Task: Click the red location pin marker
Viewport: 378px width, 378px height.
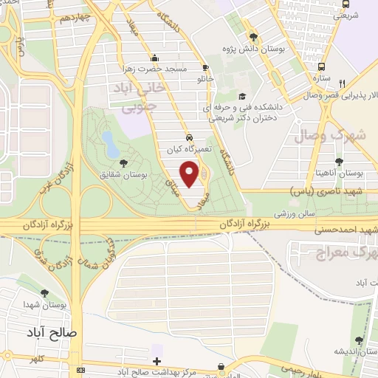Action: [x=190, y=173]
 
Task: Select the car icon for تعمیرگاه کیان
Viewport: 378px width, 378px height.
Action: [x=190, y=137]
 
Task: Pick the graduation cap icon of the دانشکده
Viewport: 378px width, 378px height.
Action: [x=242, y=96]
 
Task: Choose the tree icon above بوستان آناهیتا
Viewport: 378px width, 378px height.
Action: [x=339, y=162]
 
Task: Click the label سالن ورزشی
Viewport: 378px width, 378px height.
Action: [x=274, y=213]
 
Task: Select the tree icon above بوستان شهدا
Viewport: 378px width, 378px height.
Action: [x=46, y=293]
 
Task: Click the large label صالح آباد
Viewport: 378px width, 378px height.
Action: [x=53, y=331]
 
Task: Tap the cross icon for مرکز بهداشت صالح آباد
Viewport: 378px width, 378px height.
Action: [x=156, y=361]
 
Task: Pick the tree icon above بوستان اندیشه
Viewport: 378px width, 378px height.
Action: [x=359, y=340]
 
